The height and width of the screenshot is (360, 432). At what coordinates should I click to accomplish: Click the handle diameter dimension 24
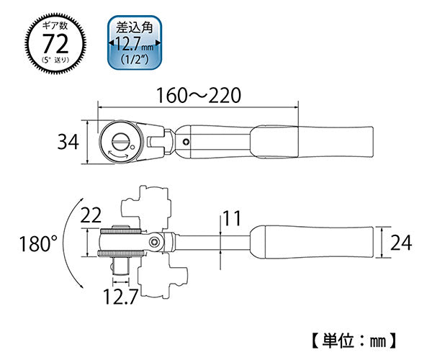pyautogui.click(x=400, y=243)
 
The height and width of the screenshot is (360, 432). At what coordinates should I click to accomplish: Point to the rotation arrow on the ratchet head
pyautogui.click(x=117, y=153)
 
